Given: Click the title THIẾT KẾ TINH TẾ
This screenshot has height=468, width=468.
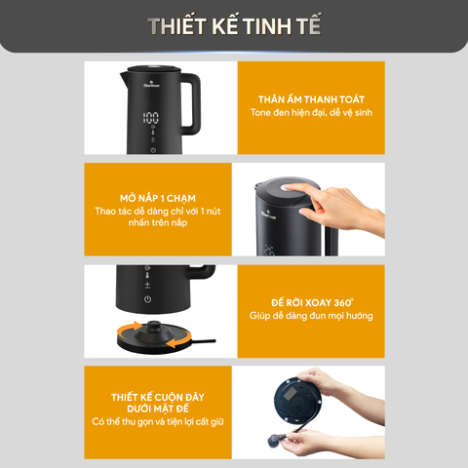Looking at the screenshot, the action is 235,25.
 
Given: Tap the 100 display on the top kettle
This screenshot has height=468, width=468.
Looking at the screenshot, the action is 151,118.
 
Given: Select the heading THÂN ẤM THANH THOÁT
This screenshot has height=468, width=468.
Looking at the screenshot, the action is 311,99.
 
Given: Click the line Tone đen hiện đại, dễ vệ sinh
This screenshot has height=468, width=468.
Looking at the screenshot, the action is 311,113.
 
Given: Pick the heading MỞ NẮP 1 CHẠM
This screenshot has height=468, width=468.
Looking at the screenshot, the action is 158,198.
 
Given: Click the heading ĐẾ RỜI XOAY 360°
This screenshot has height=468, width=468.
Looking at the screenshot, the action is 312,302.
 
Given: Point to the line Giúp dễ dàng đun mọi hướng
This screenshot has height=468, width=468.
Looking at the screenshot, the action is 311,316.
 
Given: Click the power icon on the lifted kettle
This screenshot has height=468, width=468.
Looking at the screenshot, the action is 147,299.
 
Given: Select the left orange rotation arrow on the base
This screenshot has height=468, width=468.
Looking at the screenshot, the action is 129,329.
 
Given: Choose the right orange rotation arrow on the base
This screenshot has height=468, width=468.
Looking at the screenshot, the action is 178,340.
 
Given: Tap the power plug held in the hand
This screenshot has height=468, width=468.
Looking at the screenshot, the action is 276,440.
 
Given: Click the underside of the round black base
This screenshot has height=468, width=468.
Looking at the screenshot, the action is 297,403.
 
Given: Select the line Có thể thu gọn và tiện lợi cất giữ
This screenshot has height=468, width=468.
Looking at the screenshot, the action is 158,422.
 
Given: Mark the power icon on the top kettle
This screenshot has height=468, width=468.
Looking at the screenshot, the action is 153,150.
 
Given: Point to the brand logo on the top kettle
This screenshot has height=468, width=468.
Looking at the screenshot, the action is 151,85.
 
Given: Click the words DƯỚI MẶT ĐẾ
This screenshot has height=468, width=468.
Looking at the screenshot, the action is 158,409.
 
